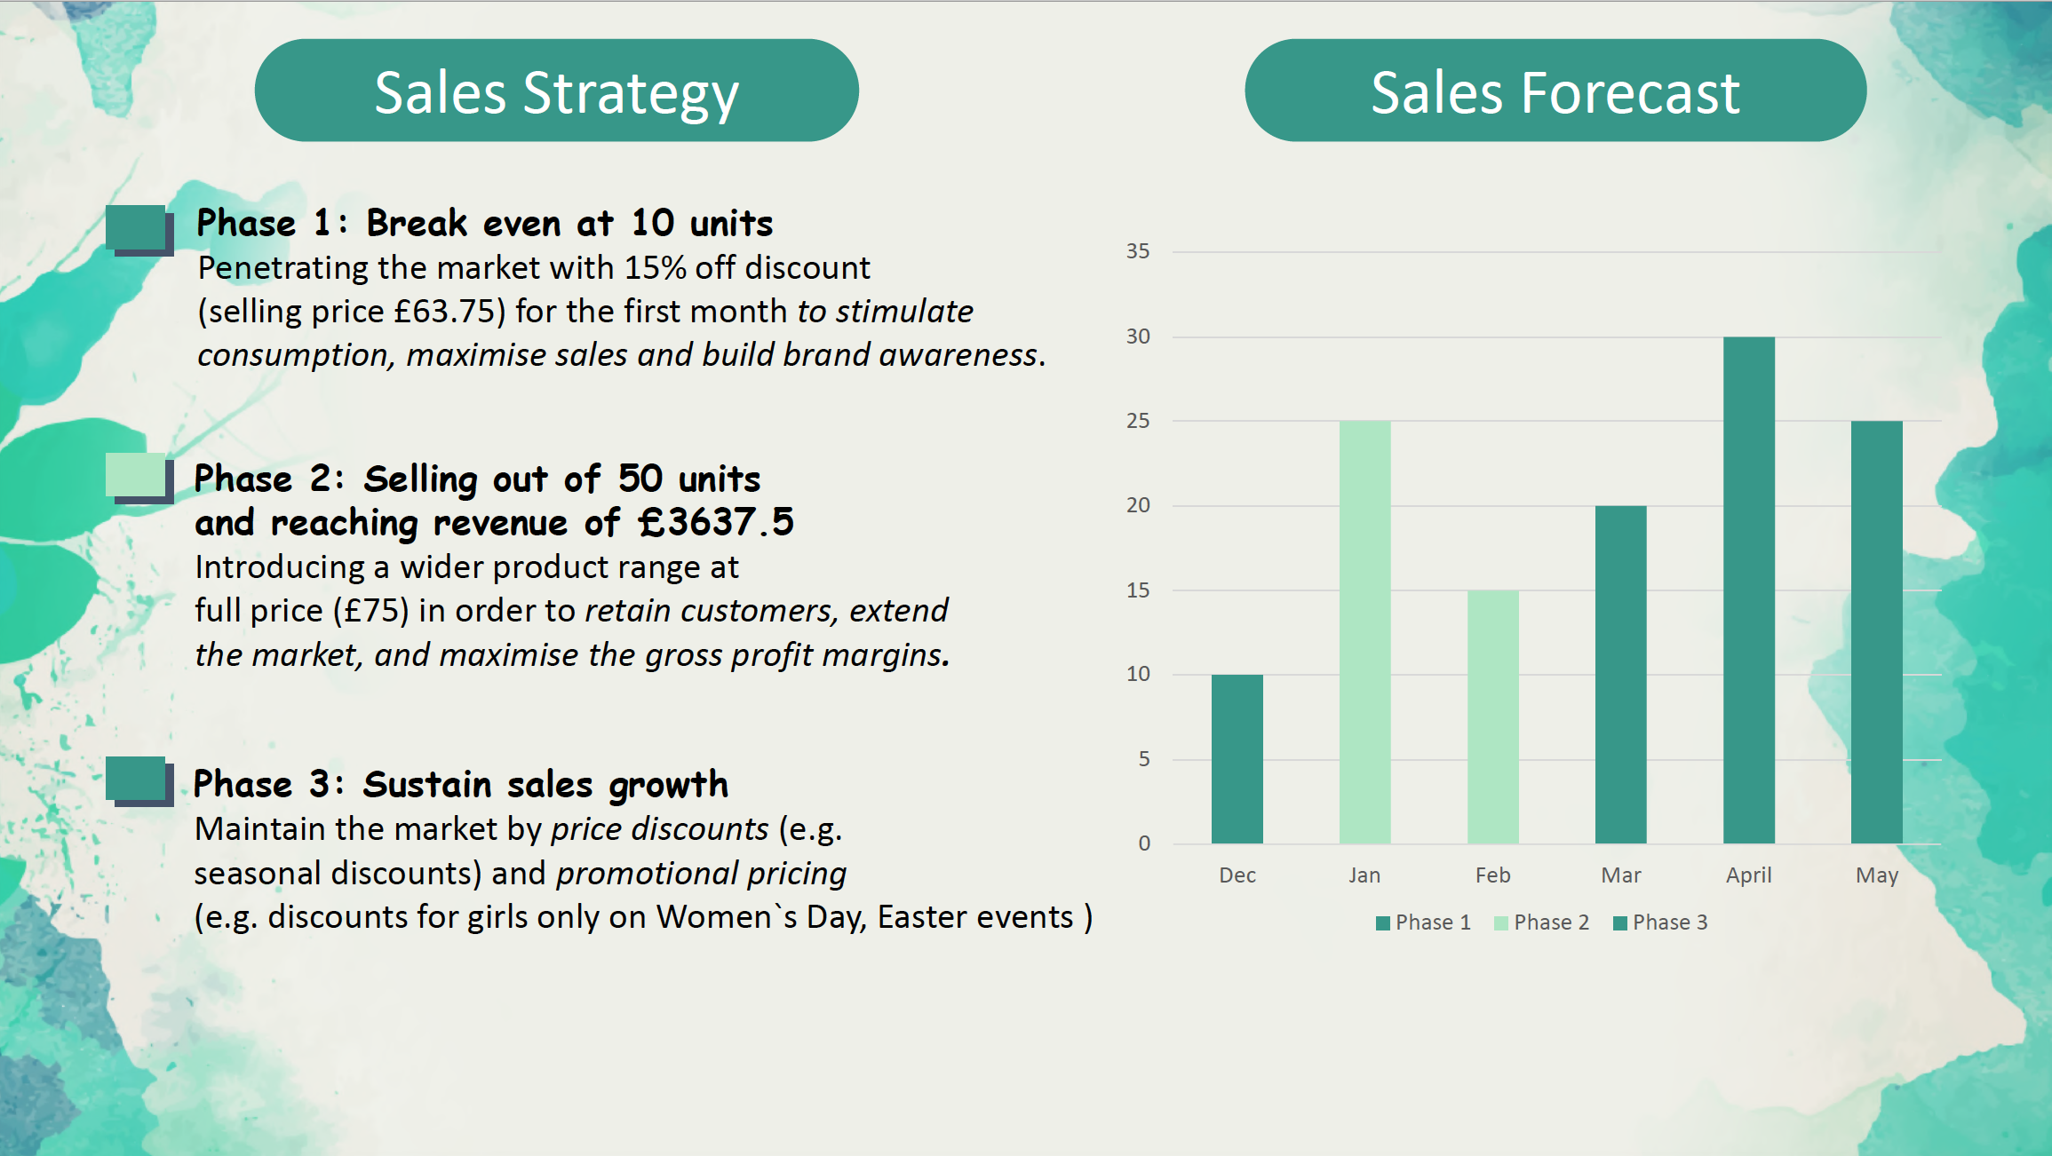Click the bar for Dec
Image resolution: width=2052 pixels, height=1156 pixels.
(1237, 759)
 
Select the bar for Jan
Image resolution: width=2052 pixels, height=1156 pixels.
(1364, 632)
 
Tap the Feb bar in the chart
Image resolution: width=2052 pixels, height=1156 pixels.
(1492, 717)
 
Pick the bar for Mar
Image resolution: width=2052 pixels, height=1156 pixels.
(1620, 675)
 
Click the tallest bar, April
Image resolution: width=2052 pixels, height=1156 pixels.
(1748, 590)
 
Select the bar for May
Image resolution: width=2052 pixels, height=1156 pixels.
(1876, 632)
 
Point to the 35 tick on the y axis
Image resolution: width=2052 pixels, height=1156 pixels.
(1138, 251)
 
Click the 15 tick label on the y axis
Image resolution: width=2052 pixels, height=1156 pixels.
(1138, 590)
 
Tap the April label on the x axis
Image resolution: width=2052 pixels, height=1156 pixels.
(1748, 875)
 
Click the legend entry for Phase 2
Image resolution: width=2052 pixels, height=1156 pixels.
(1541, 922)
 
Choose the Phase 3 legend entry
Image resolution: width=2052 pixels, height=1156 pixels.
(1660, 922)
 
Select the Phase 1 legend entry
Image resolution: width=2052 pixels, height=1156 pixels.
(1423, 922)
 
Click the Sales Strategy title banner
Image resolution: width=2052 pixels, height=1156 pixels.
(557, 91)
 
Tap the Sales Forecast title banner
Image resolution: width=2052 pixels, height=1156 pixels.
(1555, 91)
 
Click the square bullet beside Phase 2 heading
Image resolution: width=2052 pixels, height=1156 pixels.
(139, 478)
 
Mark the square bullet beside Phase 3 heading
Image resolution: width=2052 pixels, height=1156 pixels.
(139, 781)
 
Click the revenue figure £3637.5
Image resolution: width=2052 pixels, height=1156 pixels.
(716, 522)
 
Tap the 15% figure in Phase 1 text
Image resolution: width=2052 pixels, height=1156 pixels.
(655, 267)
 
